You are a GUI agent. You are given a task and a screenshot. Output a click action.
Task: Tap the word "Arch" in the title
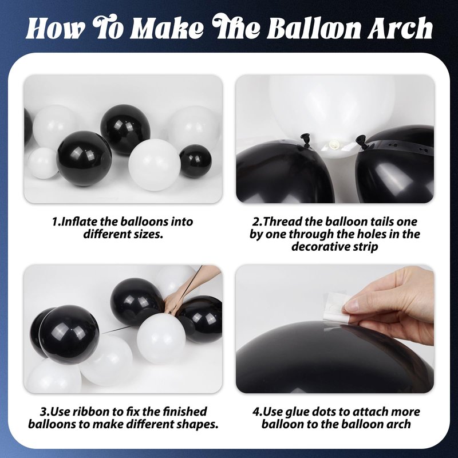(400, 28)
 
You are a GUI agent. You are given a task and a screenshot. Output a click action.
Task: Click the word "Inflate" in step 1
(80, 222)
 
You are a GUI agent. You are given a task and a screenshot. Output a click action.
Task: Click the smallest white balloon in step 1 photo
(43, 163)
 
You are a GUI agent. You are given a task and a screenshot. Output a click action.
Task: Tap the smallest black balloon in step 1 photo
(195, 161)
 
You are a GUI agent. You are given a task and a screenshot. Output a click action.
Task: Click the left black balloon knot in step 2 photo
(306, 140)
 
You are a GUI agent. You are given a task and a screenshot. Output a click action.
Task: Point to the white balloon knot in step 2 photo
(333, 144)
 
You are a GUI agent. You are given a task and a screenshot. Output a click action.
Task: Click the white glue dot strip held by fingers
(336, 307)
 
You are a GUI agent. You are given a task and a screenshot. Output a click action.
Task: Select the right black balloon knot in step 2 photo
(362, 141)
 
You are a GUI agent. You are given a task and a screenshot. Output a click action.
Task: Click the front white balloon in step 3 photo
(161, 338)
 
